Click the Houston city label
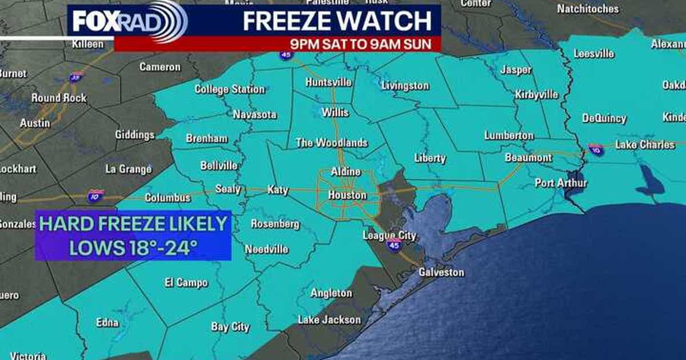coord(347,195)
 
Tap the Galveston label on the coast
coord(441,273)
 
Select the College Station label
coord(229,89)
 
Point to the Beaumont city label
coord(528,158)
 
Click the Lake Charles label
coord(644,145)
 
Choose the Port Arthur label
coord(561,183)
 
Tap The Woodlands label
coord(332,143)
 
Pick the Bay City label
coord(230,327)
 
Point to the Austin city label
coord(35,123)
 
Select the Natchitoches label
coord(588,9)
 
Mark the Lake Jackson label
coord(329,319)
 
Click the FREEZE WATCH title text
coord(337,21)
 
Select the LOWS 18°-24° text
coord(133,247)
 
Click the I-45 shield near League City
coord(394,244)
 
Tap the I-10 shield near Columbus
coord(95,197)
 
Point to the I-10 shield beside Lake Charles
coord(596,150)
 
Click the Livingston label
coord(405,86)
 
